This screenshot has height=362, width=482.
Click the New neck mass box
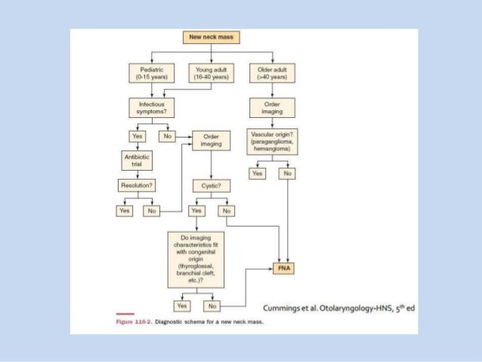(x=204, y=37)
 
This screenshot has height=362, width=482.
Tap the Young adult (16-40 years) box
(x=209, y=73)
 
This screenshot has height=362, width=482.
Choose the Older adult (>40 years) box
(x=271, y=73)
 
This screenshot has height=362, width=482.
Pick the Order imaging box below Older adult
(x=272, y=108)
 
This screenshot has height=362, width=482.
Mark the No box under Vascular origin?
(x=286, y=173)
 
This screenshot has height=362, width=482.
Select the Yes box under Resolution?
(x=124, y=211)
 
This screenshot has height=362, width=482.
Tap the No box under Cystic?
(x=224, y=211)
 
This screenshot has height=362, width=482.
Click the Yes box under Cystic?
(x=196, y=211)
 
